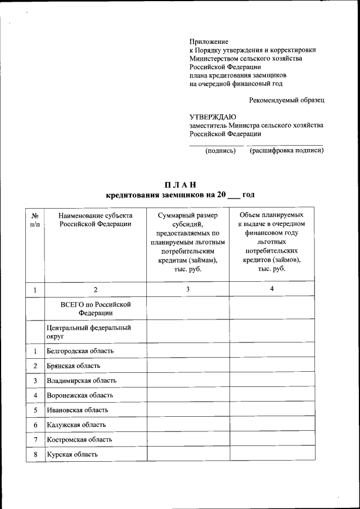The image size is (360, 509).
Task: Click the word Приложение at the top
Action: click(209, 41)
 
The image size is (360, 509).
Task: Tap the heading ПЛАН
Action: click(180, 185)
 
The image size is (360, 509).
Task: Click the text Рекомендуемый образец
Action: click(286, 100)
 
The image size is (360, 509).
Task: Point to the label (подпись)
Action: click(220, 151)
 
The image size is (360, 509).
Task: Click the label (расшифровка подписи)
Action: click(286, 151)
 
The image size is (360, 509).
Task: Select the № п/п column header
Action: click(35, 219)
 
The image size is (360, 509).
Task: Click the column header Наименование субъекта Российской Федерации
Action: click(95, 219)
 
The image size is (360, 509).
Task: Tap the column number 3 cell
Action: click(188, 289)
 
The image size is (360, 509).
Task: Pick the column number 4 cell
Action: click(272, 289)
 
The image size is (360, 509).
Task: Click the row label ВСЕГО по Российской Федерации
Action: click(95, 308)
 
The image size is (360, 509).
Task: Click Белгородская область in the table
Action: click(80, 351)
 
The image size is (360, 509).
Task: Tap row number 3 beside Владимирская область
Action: click(35, 381)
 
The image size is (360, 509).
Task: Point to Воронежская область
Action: click(80, 395)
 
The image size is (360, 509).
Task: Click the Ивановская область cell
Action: click(77, 410)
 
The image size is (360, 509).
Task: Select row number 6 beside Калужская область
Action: click(35, 425)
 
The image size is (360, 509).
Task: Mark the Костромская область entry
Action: click(79, 439)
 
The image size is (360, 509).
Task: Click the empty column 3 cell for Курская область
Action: click(188, 454)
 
